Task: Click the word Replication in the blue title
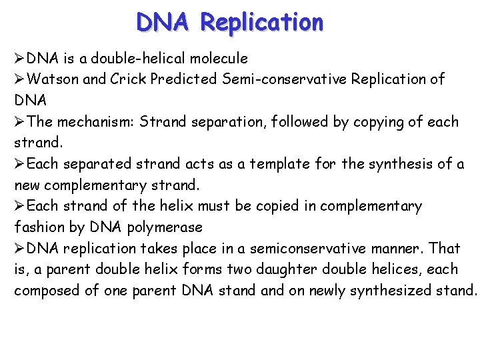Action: tap(261, 23)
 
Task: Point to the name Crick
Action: tap(129, 79)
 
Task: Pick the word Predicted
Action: tap(184, 79)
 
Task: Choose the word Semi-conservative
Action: tap(283, 79)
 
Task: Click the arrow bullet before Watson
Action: tap(20, 79)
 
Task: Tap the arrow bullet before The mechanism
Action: tap(20, 122)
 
